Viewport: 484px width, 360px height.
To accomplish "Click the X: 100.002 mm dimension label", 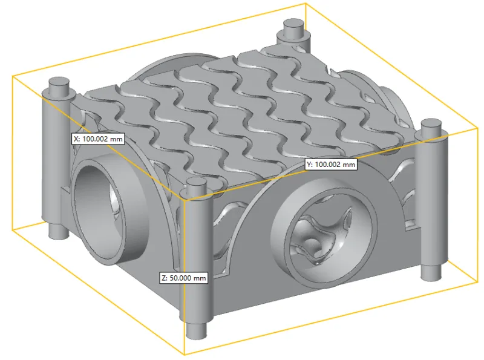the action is [98, 139].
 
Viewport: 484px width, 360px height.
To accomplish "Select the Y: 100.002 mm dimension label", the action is [330, 165].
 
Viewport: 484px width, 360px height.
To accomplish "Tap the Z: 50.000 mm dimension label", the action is [183, 278].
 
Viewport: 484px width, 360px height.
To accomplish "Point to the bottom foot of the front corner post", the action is [196, 330].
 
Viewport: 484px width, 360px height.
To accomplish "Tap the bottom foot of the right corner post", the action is [431, 272].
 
